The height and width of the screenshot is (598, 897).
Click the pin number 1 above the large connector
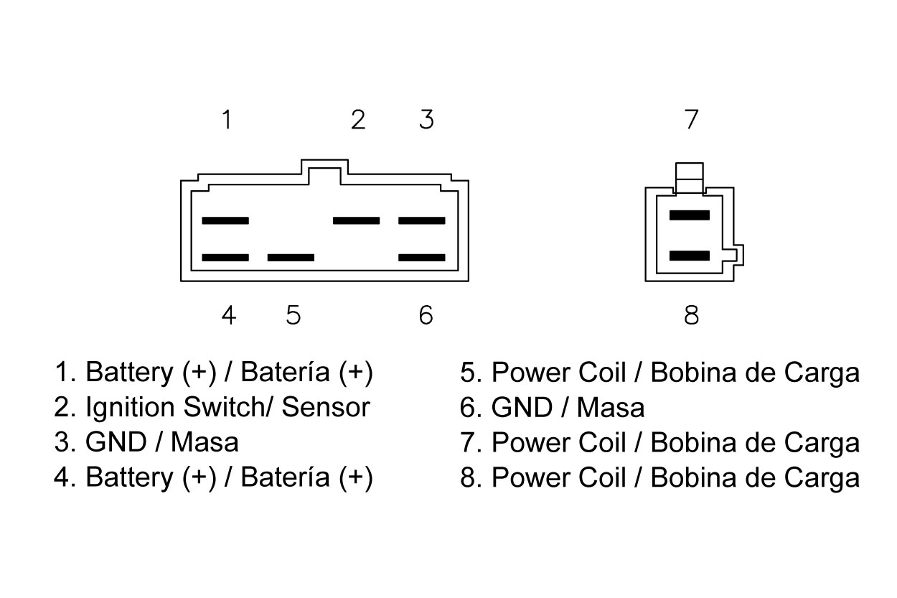(x=227, y=119)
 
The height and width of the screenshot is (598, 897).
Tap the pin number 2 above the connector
(x=358, y=119)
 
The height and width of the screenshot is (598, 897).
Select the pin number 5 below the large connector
(x=293, y=314)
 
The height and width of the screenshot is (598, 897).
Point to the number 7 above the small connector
(x=691, y=119)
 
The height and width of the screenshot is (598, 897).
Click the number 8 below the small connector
(x=691, y=314)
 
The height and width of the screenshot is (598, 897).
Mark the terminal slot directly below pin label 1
(x=225, y=220)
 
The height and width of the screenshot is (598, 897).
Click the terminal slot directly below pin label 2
(x=356, y=220)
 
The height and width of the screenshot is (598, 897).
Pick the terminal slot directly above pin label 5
(x=291, y=257)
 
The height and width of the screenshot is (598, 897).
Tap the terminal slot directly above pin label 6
(x=422, y=257)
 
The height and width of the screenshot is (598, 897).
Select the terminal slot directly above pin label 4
(x=225, y=257)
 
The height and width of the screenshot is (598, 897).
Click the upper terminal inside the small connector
(x=689, y=215)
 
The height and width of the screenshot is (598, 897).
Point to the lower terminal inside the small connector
(x=689, y=256)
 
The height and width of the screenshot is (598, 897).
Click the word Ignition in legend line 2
(x=131, y=407)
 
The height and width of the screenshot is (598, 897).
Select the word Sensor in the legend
(x=326, y=407)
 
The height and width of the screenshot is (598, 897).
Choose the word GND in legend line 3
(x=115, y=442)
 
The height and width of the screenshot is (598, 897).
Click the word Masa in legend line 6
(x=611, y=407)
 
